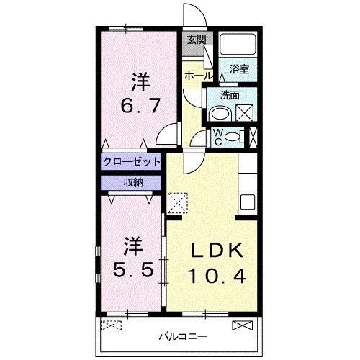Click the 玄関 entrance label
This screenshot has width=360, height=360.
point(196,40)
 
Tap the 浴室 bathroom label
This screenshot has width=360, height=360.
point(239,70)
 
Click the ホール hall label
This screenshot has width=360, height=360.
point(198,75)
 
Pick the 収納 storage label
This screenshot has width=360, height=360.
point(131,182)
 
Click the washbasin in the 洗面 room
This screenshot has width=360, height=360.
point(220,113)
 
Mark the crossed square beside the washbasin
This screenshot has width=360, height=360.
point(244,113)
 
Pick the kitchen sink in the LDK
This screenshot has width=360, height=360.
point(247,201)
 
